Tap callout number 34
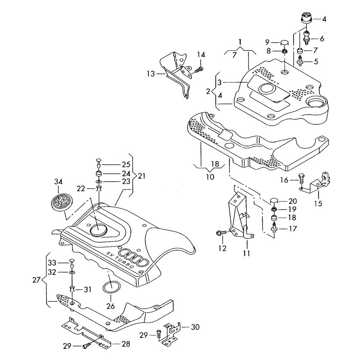pos(59,182)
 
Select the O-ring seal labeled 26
pos(111,287)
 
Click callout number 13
pos(150,73)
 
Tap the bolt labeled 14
pos(200,68)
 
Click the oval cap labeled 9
pos(284,43)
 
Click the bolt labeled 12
pos(220,233)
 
